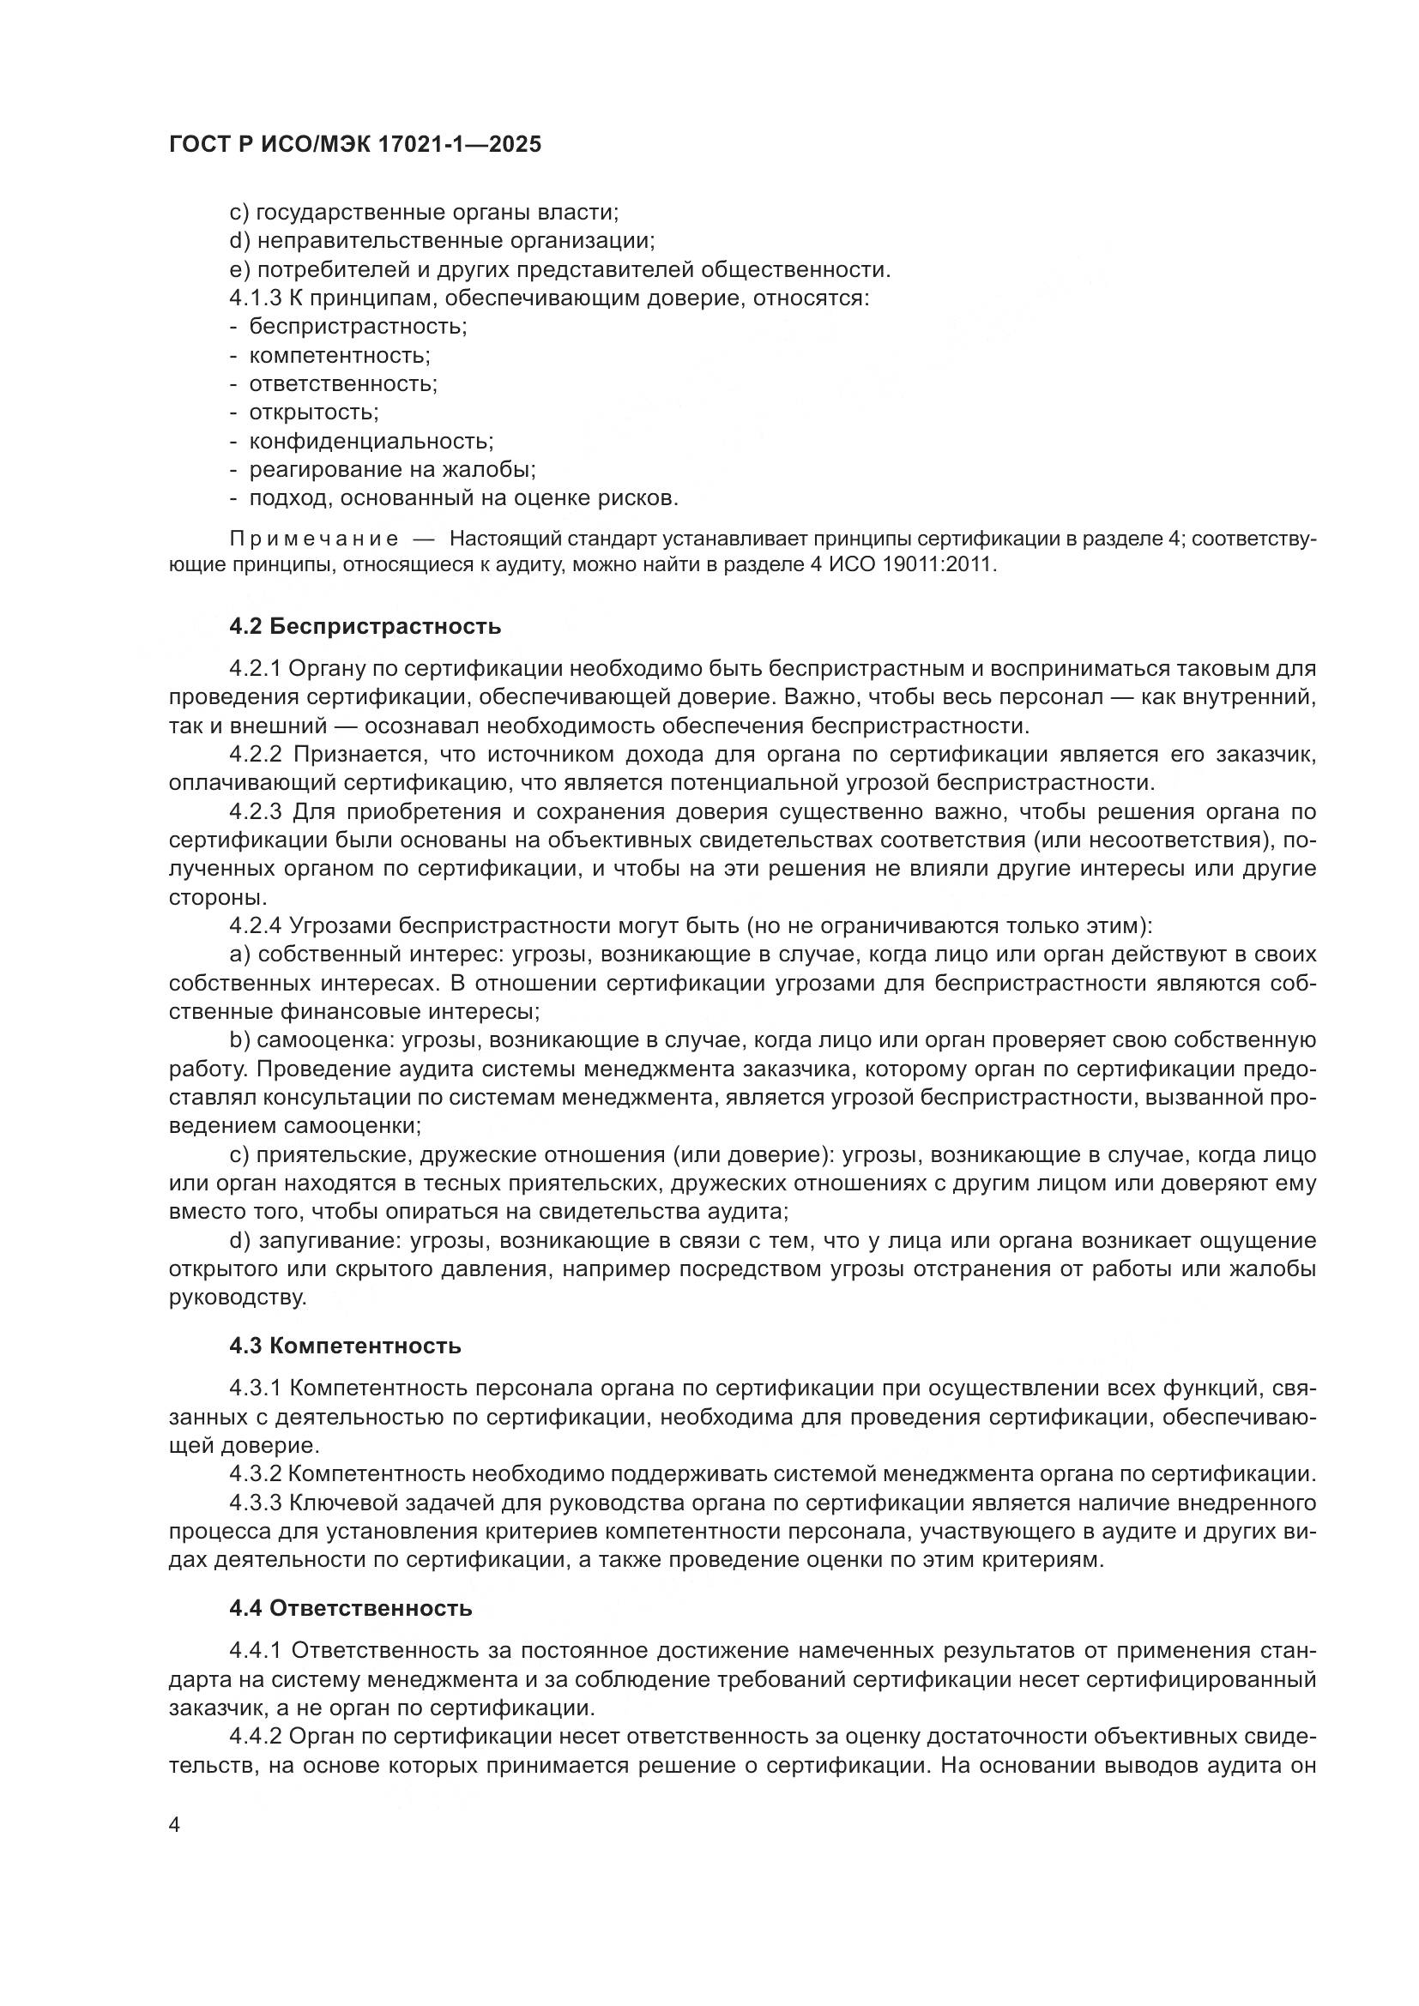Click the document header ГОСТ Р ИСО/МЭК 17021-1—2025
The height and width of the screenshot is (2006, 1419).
point(355,145)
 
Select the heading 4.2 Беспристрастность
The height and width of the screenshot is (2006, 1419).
point(365,626)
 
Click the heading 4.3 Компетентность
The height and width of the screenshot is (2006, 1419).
point(345,1346)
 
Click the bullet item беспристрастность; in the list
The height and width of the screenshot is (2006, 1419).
point(358,327)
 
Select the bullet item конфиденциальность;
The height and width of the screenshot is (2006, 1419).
point(371,441)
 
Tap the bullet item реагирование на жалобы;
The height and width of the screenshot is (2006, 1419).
point(392,470)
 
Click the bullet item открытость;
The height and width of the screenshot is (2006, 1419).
point(314,413)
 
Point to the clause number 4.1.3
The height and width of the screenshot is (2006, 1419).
point(255,298)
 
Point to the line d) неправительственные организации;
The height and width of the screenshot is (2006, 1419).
point(442,241)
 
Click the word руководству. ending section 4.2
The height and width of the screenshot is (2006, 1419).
point(238,1298)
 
